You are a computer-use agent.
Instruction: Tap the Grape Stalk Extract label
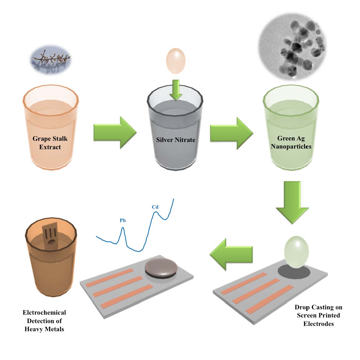coord(50,143)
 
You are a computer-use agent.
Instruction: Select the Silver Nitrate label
coord(176,140)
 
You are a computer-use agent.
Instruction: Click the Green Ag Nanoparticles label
coord(291,142)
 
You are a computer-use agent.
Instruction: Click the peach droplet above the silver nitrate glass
coord(176,61)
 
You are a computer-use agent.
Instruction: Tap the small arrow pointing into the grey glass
coord(176,89)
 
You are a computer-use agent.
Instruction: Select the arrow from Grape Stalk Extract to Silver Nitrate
coord(115,132)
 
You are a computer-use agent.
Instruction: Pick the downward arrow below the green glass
coord(292,202)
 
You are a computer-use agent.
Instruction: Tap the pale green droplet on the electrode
coord(296,252)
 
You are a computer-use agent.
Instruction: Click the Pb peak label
coord(123,221)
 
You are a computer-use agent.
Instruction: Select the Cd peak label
coord(155,207)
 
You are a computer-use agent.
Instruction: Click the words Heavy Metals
coord(44,329)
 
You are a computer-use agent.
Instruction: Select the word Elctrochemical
coord(44,312)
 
